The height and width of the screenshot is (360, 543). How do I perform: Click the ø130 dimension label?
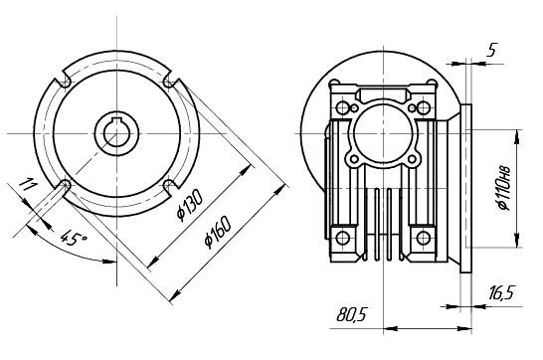pos(189,206)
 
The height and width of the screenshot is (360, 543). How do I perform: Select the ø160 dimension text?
pos(218,232)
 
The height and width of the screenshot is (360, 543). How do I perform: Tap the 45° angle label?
pos(73,239)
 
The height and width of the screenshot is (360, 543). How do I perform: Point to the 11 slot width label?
pos(27,185)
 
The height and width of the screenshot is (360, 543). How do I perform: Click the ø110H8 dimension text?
pos(504,188)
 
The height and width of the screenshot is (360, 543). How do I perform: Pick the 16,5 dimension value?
pos(502,293)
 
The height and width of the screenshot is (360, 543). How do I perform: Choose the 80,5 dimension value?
pos(351,315)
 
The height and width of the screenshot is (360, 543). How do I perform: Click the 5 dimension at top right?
pos(491,50)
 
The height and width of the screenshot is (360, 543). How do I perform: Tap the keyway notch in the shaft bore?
pos(116,120)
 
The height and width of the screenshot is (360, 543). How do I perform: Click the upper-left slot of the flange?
pos(64,82)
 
